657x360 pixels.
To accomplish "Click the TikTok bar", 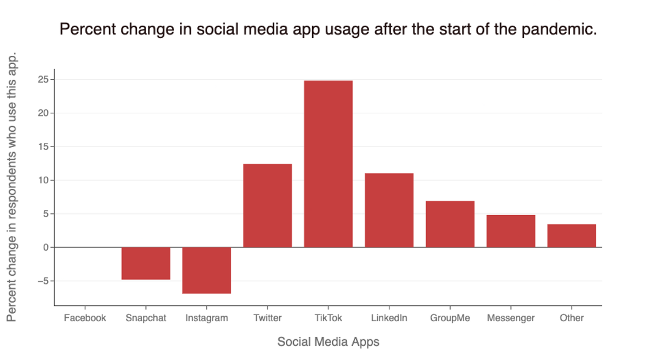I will tap(328, 164).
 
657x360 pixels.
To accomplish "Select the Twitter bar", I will tap(267, 205).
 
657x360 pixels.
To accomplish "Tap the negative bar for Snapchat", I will tap(146, 263).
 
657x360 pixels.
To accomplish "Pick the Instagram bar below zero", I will tap(206, 270).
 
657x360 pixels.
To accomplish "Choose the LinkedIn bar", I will tap(389, 210).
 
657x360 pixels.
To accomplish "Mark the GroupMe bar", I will tap(450, 224).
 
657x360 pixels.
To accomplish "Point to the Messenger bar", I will tap(511, 231).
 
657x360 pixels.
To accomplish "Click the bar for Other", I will tap(572, 235).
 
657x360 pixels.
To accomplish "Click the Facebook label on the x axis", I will tap(85, 318).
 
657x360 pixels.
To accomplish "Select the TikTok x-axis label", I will tap(328, 318).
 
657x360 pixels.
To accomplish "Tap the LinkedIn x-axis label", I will tap(389, 318).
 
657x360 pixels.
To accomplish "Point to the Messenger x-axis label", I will tap(511, 318).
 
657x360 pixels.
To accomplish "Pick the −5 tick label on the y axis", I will tap(42, 281).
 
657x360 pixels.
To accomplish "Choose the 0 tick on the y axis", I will tap(46, 247).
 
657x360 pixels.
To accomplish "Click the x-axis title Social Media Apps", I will tap(328, 342).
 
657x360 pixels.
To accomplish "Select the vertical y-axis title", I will tap(13, 186).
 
